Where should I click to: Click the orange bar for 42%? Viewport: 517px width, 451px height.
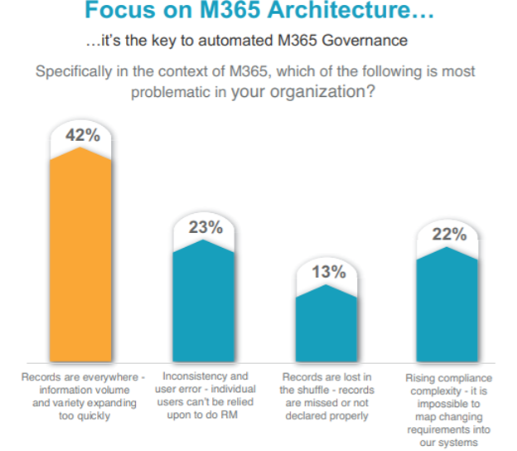coord(80,257)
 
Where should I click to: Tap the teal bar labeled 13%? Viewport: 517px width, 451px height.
coord(326,323)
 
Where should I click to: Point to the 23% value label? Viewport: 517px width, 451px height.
coord(204,227)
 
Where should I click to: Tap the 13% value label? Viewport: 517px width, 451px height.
coord(326,271)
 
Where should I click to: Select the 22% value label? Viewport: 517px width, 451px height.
coord(448,235)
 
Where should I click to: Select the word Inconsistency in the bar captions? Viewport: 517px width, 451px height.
coord(191,377)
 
